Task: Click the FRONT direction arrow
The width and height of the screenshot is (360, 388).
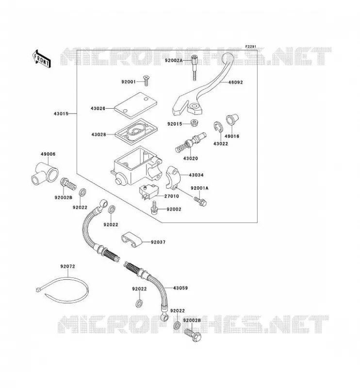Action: [x=42, y=59]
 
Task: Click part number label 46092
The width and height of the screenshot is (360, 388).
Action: [x=235, y=82]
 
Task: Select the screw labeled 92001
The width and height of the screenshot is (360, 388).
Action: [x=147, y=81]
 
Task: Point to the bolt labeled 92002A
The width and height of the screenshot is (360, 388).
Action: [x=195, y=67]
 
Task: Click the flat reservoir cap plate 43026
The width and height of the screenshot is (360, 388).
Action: [x=136, y=105]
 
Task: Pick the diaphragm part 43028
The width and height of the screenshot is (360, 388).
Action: [x=136, y=132]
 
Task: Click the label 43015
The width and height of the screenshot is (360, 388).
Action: [x=61, y=114]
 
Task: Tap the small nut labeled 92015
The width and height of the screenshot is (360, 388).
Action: [x=194, y=123]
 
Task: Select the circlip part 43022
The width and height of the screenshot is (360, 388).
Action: [x=218, y=127]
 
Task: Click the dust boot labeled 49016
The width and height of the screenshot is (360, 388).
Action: [x=232, y=119]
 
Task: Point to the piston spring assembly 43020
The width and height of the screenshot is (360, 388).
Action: [x=190, y=143]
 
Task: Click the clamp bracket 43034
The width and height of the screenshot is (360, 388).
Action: [x=173, y=177]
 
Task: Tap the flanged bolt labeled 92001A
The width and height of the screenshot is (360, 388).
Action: [x=200, y=201]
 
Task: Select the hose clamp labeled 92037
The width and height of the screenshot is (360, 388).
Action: [x=131, y=240]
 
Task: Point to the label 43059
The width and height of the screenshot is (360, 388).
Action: [x=180, y=288]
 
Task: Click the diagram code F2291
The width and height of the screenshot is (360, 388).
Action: [x=250, y=47]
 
